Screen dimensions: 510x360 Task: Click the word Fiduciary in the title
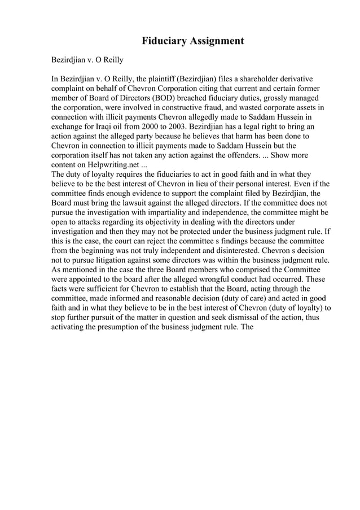tap(164, 41)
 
